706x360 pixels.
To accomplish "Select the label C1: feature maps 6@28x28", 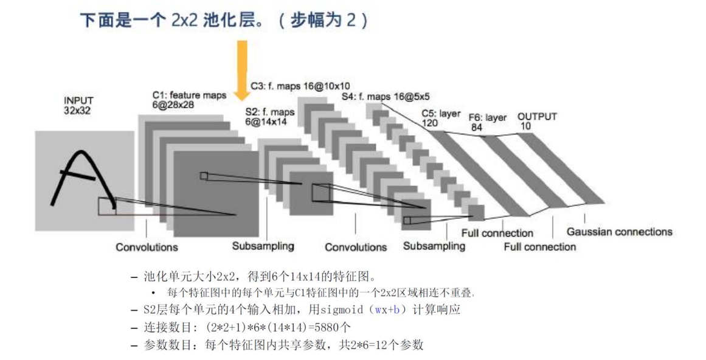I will (189, 100).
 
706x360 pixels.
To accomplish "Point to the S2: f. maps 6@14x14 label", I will (269, 117).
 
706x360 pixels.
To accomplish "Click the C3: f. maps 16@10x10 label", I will (300, 86).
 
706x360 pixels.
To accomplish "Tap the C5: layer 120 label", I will (440, 118).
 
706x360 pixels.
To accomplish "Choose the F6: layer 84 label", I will (486, 122).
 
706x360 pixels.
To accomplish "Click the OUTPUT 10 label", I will (536, 121).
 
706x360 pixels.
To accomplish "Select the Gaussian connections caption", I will (619, 232).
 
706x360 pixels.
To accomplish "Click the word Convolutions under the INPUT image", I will (147, 247).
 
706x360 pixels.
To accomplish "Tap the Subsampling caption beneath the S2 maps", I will (263, 246).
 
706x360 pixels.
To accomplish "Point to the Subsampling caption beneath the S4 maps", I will (434, 246).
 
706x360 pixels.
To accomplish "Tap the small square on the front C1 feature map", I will (204, 176).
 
